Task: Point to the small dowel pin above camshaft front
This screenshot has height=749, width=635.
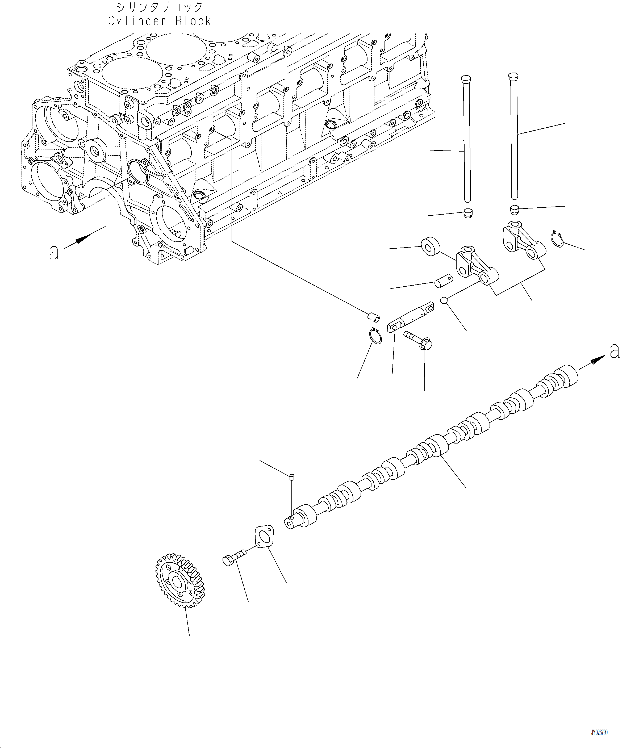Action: (292, 477)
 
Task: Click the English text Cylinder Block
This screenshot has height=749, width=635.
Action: (160, 21)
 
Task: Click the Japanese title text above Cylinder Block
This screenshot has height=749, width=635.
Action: (160, 7)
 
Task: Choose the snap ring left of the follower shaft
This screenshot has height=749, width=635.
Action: (376, 336)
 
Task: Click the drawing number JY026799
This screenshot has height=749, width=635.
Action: (599, 722)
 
